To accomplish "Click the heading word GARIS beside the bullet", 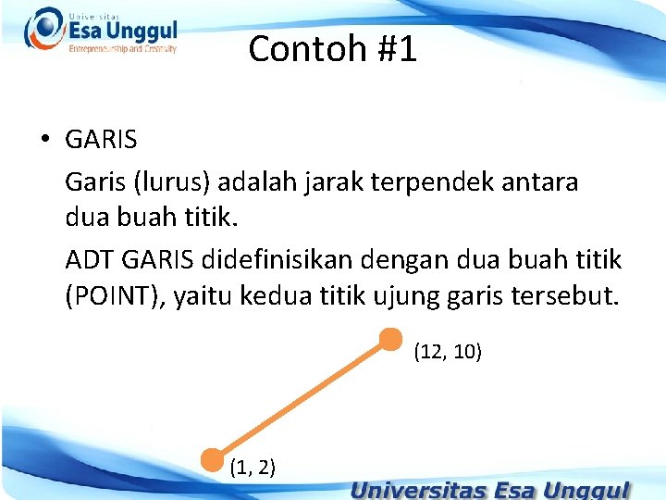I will pos(101,141).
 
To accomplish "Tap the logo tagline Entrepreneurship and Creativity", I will pos(122,49).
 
